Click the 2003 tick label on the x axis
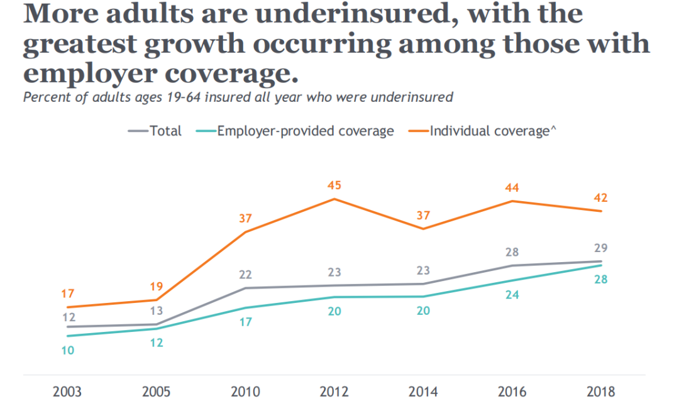tap(67, 392)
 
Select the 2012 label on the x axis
tap(334, 392)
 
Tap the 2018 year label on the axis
tap(600, 392)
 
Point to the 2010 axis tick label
tap(245, 392)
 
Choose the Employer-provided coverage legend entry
tap(305, 131)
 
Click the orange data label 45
tap(334, 185)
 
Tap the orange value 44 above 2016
tap(512, 187)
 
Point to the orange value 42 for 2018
tap(600, 198)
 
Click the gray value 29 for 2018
tap(600, 248)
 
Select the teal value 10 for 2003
tap(67, 351)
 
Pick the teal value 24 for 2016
tap(512, 294)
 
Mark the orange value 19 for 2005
tap(157, 287)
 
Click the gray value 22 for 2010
tap(245, 275)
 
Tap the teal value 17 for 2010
tap(245, 322)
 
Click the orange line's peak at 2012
tap(334, 199)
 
